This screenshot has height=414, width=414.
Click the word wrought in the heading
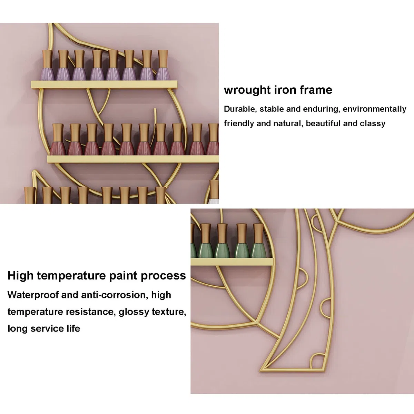[x=247, y=90]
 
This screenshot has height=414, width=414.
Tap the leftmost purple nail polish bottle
[x=48, y=65]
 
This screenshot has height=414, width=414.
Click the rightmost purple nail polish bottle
[x=162, y=65]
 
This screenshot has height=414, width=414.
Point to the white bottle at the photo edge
[x=214, y=192]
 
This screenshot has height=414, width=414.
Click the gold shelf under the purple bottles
[x=104, y=85]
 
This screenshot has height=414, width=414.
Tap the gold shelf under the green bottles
[x=232, y=262]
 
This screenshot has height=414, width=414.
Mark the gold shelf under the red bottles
[x=133, y=159]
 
